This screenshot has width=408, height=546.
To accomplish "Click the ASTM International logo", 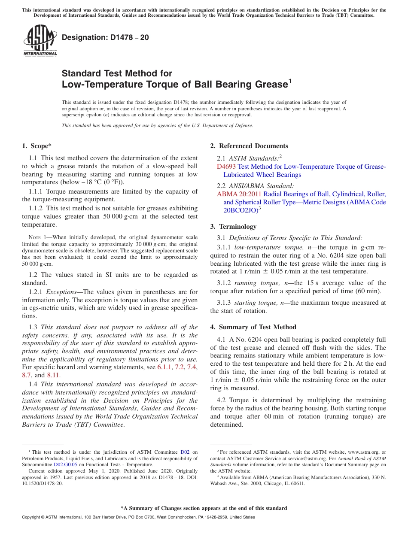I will tap(40, 40).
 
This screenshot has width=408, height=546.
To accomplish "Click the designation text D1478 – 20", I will tap(105, 38).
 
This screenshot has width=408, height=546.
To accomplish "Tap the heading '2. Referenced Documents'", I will tap(249, 146).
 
